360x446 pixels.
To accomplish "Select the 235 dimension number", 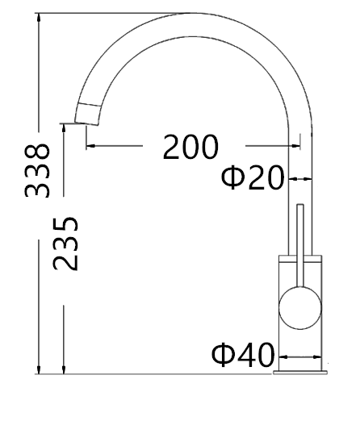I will pyautogui.click(x=65, y=244).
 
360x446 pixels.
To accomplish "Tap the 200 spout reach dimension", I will pyautogui.click(x=190, y=148).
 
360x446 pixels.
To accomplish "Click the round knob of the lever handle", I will pyautogui.click(x=299, y=307).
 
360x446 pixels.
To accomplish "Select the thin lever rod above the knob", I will pyautogui.click(x=300, y=234).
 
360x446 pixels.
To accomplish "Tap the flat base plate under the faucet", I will pyautogui.click(x=300, y=373).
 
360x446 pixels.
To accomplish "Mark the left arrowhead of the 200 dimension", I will pyautogui.click(x=89, y=146).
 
